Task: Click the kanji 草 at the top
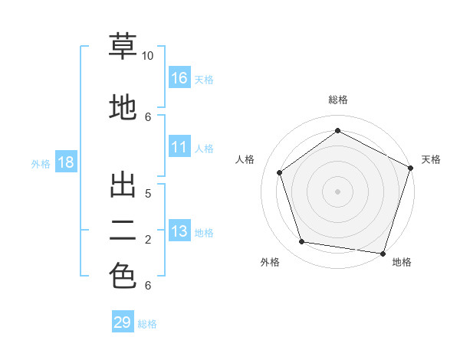click(123, 47)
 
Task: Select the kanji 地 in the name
click(123, 107)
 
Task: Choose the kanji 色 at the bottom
click(123, 276)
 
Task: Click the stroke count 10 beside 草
click(148, 56)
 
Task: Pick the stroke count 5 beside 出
click(148, 193)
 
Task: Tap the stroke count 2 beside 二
click(148, 240)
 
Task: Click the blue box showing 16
click(179, 78)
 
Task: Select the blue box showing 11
click(179, 147)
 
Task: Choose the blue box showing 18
click(65, 162)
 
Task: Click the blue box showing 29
click(123, 322)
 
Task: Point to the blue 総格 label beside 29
click(147, 324)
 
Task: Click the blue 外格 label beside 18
click(41, 163)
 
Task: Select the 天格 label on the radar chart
click(431, 159)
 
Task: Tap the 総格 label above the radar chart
click(338, 100)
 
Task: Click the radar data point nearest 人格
click(280, 172)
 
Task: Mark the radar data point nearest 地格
click(383, 254)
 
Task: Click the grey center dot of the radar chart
click(338, 191)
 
